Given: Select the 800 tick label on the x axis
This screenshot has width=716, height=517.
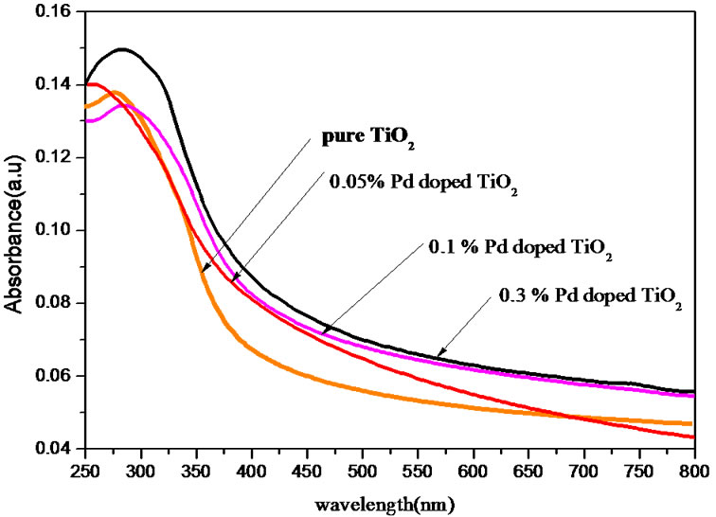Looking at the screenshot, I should (x=694, y=469).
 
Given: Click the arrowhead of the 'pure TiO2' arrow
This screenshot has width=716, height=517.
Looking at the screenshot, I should (x=202, y=273).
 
